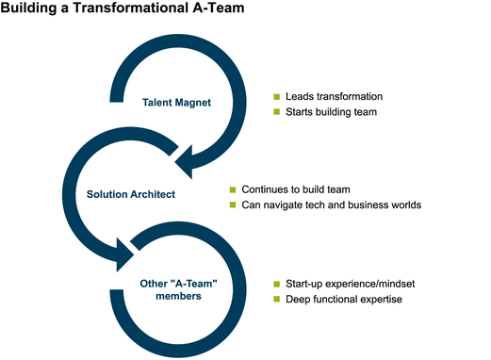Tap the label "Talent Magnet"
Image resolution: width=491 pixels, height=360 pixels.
pyautogui.click(x=177, y=103)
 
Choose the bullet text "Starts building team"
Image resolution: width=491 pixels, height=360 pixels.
pyautogui.click(x=331, y=113)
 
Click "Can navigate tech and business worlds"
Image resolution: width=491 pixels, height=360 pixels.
pyautogui.click(x=331, y=205)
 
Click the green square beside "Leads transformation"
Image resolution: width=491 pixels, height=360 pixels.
pyautogui.click(x=277, y=97)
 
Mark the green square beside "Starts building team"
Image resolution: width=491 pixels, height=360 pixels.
pyautogui.click(x=277, y=113)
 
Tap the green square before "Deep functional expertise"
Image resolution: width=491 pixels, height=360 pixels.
pyautogui.click(x=277, y=300)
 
